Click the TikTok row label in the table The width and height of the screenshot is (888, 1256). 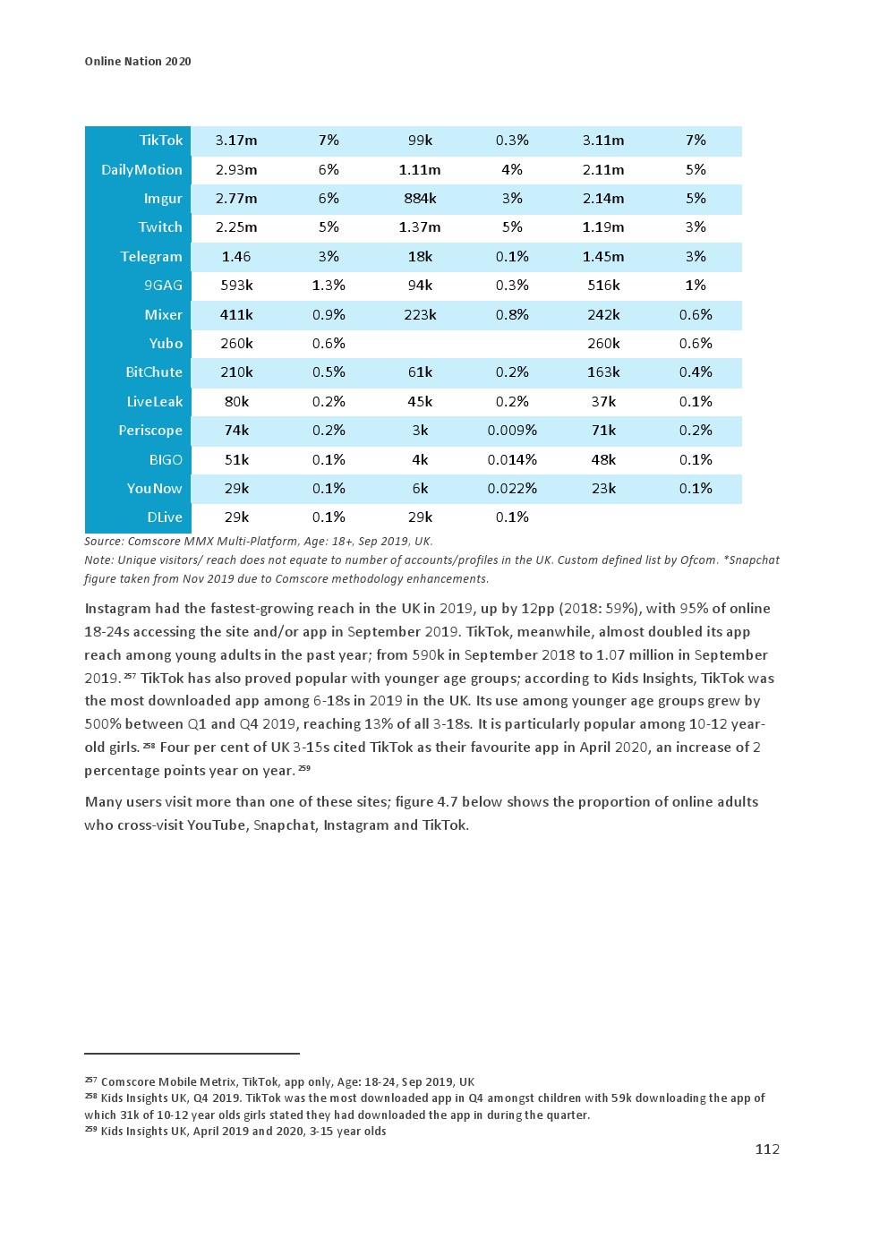click(x=161, y=141)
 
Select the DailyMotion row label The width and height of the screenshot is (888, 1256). click(x=141, y=170)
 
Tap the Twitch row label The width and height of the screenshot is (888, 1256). click(x=160, y=227)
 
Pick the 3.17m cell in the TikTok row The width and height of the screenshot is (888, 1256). click(x=236, y=141)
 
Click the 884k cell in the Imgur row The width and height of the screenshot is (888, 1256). click(x=420, y=199)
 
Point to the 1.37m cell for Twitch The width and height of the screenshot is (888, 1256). click(x=420, y=227)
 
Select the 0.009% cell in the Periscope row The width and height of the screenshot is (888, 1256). click(x=512, y=431)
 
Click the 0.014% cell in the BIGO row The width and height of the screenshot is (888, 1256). click(x=512, y=460)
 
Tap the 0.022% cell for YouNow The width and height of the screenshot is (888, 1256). click(x=512, y=489)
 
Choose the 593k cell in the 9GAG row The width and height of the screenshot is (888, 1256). click(x=236, y=286)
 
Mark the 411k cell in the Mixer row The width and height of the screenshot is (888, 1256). click(x=236, y=315)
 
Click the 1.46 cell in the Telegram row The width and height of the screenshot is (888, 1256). click(x=236, y=257)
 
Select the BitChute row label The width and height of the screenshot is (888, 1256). click(x=154, y=372)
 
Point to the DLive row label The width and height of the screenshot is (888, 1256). click(x=165, y=517)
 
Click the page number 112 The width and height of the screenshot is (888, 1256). click(x=767, y=1149)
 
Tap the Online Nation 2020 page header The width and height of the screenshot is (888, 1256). click(x=138, y=62)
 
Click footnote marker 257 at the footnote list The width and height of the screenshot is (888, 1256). click(x=90, y=1081)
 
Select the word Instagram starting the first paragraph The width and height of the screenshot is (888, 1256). click(x=117, y=609)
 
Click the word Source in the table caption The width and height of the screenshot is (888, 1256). click(x=103, y=542)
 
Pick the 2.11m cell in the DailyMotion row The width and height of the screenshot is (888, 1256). click(x=603, y=170)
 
